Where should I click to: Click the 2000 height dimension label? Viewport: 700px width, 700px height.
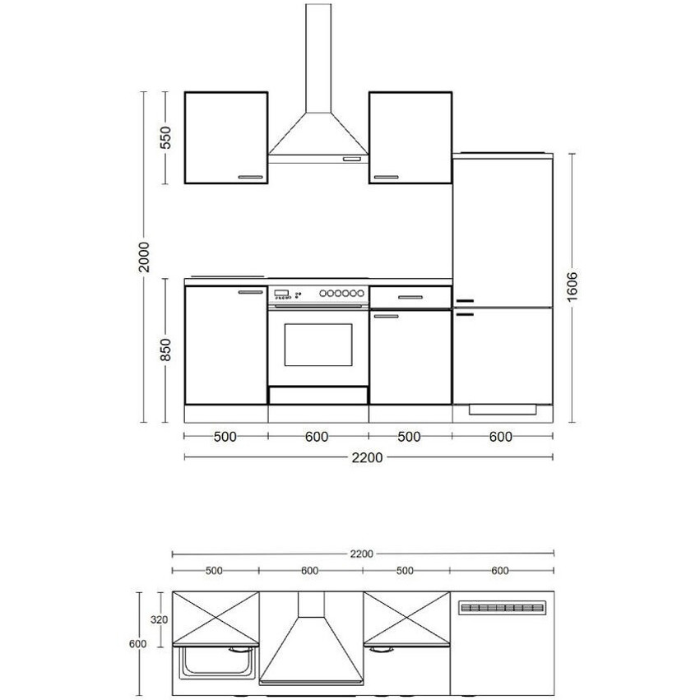click(144, 257)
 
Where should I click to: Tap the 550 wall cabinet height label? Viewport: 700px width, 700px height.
click(165, 137)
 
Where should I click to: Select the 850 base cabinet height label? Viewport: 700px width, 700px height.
click(165, 350)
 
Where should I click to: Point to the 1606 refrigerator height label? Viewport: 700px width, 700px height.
click(573, 286)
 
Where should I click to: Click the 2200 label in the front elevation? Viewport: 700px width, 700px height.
click(367, 457)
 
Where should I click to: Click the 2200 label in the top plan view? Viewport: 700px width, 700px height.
click(361, 554)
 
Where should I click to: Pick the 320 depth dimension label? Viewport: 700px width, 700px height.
click(159, 619)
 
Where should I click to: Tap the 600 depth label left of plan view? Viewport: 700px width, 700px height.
click(137, 644)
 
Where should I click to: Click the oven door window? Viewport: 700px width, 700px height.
click(318, 345)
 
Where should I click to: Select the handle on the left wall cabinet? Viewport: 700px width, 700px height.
click(251, 177)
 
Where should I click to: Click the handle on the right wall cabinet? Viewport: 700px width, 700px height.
click(386, 177)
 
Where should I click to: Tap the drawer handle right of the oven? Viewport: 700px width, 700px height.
click(410, 297)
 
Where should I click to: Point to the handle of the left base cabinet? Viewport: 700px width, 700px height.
click(251, 292)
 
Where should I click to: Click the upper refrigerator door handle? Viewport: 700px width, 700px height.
click(464, 301)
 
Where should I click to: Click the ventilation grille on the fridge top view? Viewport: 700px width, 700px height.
click(503, 608)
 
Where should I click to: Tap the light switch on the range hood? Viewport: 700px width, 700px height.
click(352, 159)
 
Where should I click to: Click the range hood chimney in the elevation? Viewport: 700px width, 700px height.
click(319, 58)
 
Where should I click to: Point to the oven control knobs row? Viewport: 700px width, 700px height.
click(341, 294)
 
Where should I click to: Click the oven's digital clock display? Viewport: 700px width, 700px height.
click(280, 292)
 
